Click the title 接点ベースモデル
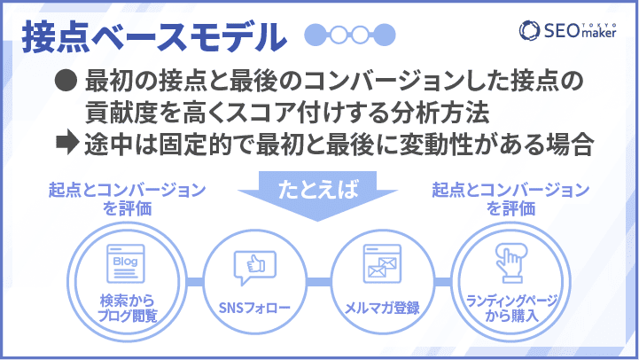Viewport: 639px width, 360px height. (154, 37)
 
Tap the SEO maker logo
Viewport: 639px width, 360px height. (568, 30)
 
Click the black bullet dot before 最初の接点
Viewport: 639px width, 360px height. (66, 81)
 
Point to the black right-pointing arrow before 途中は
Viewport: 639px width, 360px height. (67, 142)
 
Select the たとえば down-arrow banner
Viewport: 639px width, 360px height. (317, 195)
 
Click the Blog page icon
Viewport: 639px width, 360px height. (126, 263)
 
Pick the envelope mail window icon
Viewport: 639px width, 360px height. (382, 263)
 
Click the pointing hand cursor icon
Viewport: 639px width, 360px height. (511, 263)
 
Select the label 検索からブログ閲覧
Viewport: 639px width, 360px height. (127, 309)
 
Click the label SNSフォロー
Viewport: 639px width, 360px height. (254, 308)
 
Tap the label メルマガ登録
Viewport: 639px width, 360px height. (382, 308)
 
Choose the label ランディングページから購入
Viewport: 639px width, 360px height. (511, 309)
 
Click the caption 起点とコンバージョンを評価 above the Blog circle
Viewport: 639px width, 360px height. (127, 199)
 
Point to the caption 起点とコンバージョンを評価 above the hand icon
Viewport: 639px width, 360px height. (510, 199)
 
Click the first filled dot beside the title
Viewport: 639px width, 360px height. (316, 35)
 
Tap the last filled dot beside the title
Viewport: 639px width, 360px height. (385, 35)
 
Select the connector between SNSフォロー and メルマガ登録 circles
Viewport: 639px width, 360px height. (319, 282)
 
